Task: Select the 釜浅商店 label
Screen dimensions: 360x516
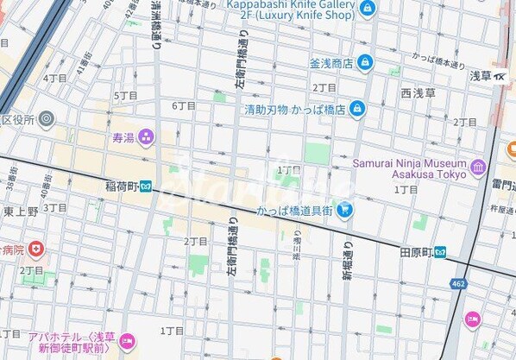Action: [331, 63]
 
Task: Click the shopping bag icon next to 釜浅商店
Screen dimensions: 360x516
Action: [364, 62]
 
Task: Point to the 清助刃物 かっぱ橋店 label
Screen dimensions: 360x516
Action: [293, 110]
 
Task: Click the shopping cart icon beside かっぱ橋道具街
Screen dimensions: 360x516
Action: [345, 208]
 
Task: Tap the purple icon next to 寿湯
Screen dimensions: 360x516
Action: [145, 136]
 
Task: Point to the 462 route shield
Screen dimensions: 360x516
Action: [458, 283]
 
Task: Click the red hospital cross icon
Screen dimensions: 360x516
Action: [35, 250]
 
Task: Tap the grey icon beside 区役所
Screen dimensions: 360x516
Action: [46, 118]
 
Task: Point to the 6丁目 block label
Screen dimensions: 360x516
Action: [184, 105]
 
